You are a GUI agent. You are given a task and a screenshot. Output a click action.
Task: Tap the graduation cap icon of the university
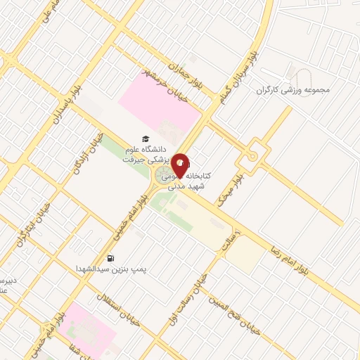point(146,139)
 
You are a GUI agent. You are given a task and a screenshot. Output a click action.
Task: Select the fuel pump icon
point(110,257)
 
